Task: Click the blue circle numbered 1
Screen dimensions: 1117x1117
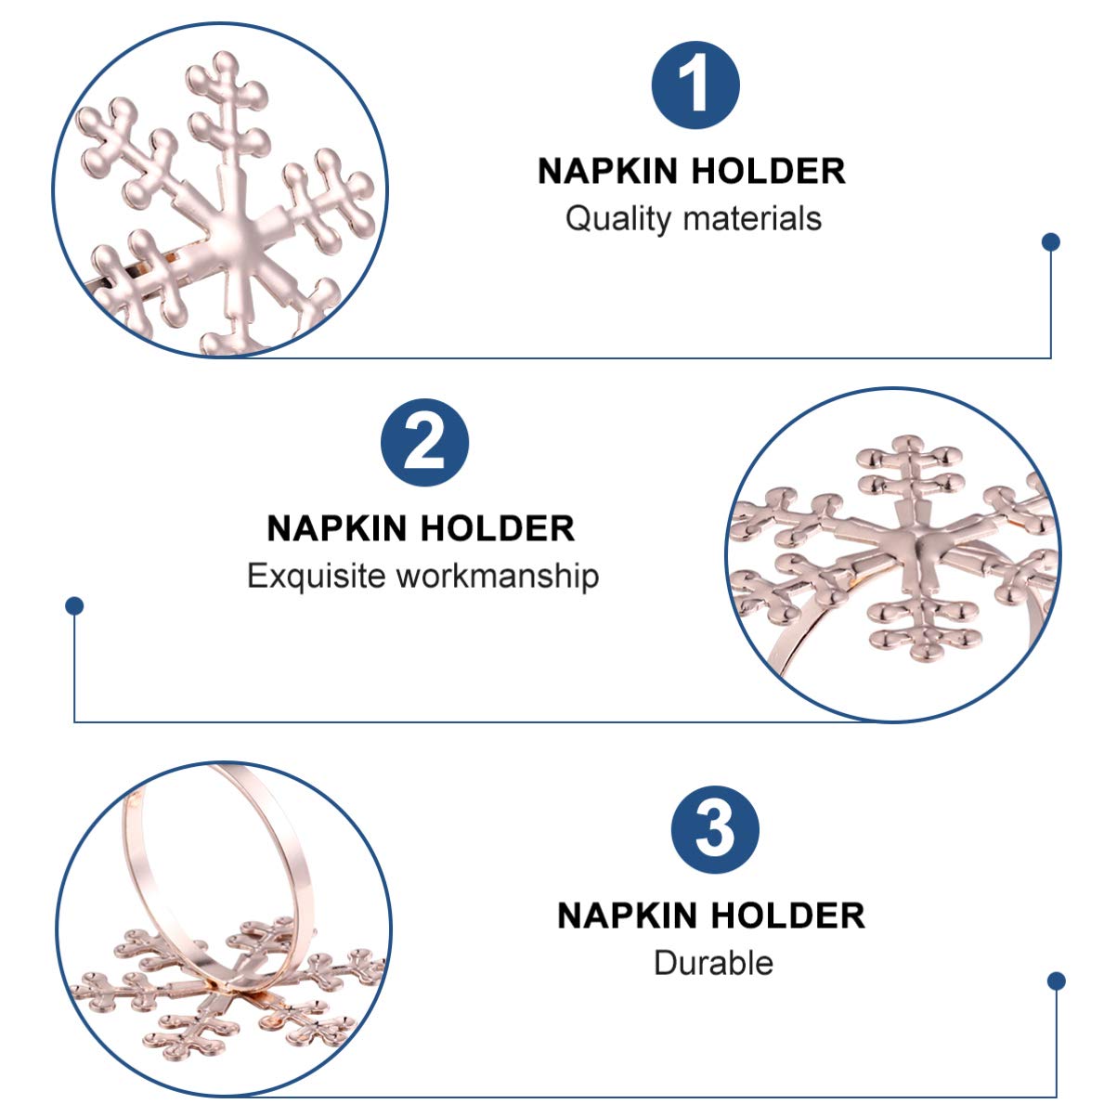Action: click(695, 85)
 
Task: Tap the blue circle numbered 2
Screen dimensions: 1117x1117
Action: click(425, 443)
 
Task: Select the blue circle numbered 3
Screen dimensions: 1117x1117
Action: click(715, 829)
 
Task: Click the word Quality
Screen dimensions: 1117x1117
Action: click(617, 220)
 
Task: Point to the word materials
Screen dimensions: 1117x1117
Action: click(752, 219)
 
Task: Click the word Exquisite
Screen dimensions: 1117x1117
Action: click(317, 577)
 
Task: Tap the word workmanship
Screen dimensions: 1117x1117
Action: click(498, 577)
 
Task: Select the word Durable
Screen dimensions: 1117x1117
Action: click(713, 963)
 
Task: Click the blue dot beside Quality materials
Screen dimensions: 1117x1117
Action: click(1050, 241)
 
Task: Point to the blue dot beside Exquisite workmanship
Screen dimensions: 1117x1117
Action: click(74, 606)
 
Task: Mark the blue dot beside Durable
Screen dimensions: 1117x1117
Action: click(1056, 981)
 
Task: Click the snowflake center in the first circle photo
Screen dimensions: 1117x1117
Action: click(236, 237)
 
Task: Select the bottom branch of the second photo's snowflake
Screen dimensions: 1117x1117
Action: click(924, 624)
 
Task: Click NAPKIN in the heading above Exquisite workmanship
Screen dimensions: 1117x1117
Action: click(337, 528)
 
